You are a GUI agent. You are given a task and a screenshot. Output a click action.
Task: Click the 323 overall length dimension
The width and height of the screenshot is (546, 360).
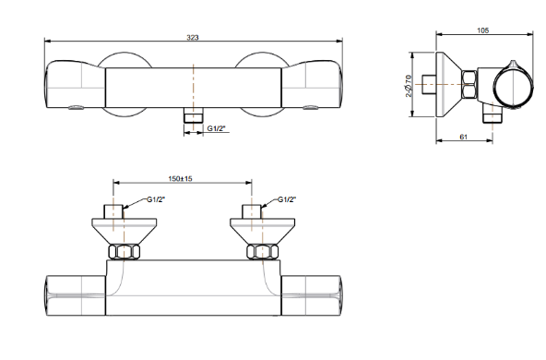(x=193, y=37)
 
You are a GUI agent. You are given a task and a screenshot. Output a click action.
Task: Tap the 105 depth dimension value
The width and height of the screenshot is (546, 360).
(x=482, y=30)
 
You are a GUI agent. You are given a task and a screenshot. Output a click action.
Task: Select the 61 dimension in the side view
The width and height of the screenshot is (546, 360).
(x=464, y=137)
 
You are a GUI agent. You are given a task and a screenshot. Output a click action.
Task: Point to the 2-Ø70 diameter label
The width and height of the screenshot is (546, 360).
(x=409, y=85)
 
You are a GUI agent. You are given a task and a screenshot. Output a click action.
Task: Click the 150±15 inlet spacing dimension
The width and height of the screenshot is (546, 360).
(x=181, y=178)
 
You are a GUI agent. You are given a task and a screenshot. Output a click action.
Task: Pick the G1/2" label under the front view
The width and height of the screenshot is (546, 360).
(x=216, y=128)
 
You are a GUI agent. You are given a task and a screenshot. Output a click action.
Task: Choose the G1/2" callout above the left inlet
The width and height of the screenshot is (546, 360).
(x=156, y=199)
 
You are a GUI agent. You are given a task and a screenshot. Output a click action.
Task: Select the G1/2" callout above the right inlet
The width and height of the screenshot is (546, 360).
(x=287, y=199)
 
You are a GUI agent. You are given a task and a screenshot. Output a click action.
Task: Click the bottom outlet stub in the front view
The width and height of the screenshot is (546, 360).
(x=194, y=115)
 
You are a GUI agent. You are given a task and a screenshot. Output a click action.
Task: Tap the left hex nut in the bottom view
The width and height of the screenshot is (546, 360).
(x=124, y=252)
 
